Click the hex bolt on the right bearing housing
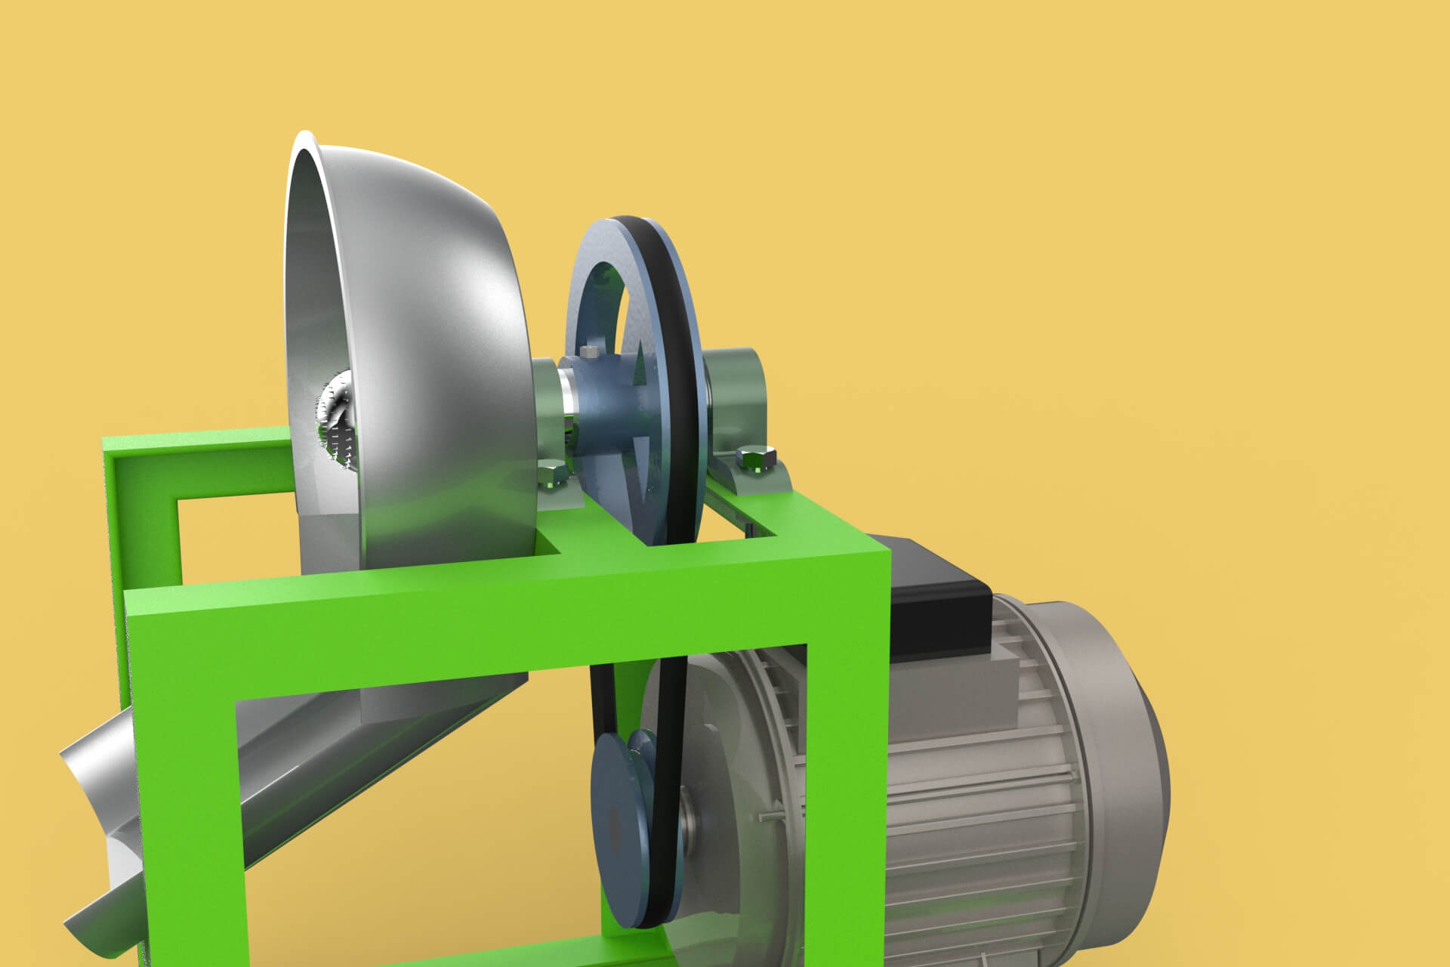[x=755, y=456]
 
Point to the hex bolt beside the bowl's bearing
[x=553, y=475]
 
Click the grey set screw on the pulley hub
[x=590, y=351]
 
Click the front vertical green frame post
[x=181, y=793]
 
